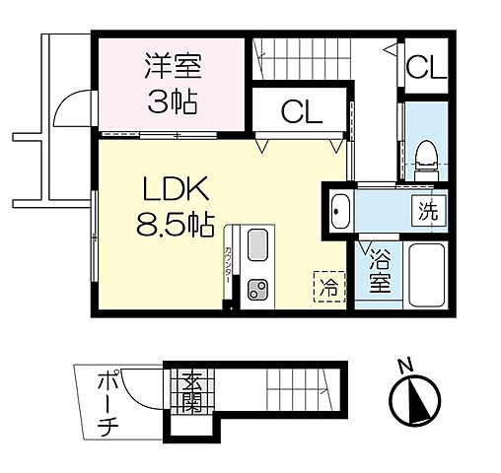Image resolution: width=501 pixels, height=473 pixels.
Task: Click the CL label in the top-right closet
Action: click(x=425, y=70)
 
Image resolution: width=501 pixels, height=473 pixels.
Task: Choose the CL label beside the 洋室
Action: click(x=302, y=110)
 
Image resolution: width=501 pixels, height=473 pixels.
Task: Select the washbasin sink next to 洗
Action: click(x=340, y=210)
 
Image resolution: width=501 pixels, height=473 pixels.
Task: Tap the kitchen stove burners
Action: click(x=258, y=290)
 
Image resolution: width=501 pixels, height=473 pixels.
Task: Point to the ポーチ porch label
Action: click(x=107, y=404)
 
